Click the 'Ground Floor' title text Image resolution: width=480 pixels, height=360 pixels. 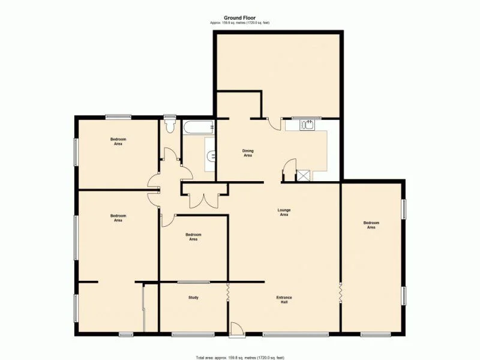pos(240,18)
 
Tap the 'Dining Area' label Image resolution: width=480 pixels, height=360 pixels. pos(247,153)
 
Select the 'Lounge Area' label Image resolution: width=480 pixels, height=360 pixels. pos(284,212)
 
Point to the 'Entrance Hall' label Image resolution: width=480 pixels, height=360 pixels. pos(284,299)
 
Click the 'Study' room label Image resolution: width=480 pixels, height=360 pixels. pos(193,298)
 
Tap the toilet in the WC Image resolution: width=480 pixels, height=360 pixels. pos(170,125)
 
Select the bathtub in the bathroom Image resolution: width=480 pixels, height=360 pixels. pos(198,127)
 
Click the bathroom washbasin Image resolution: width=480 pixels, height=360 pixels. pos(211,156)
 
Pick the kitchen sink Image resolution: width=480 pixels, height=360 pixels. pos(307,125)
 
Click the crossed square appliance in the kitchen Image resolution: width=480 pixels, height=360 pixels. pos(303,175)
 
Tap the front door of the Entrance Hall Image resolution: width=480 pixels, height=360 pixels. pos(236,328)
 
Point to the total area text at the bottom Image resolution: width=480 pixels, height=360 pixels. pos(240,358)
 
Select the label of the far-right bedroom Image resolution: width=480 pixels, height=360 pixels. pos(371,225)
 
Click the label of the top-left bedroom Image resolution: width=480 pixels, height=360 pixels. pos(118,142)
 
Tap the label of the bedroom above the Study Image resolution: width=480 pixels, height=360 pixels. pos(193,237)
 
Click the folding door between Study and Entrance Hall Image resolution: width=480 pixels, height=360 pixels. pos(228,293)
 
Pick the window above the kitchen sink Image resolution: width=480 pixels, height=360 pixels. pos(307,118)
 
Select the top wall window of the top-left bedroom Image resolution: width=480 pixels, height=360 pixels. pos(119,116)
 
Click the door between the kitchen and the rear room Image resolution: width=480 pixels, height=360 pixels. pos(274,123)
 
